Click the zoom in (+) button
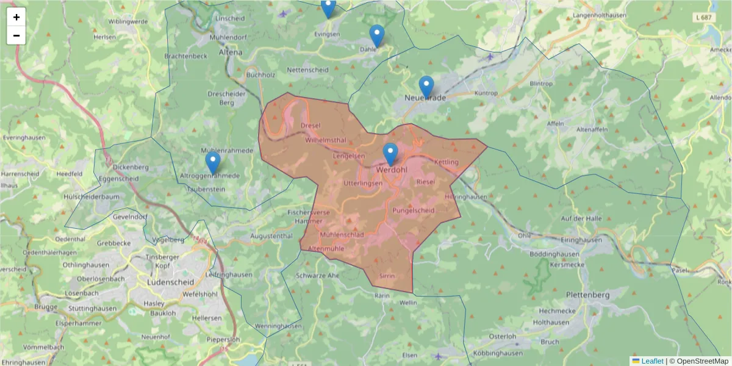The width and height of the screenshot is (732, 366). click(x=16, y=17)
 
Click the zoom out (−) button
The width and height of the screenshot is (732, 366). click(x=16, y=35)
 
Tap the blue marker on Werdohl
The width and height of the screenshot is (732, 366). click(x=390, y=154)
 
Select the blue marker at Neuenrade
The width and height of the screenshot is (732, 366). click(x=426, y=87)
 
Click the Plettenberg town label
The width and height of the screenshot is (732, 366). click(x=587, y=295)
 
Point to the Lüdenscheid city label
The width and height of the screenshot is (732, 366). click(x=170, y=282)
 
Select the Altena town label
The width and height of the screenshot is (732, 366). click(x=230, y=52)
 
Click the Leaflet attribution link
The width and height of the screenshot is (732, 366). click(x=652, y=361)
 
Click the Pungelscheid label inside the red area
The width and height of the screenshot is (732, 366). click(x=413, y=210)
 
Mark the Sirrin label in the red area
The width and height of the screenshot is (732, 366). click(x=387, y=276)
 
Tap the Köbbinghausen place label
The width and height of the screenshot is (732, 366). click(x=497, y=353)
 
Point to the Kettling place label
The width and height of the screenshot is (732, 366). click(x=446, y=162)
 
